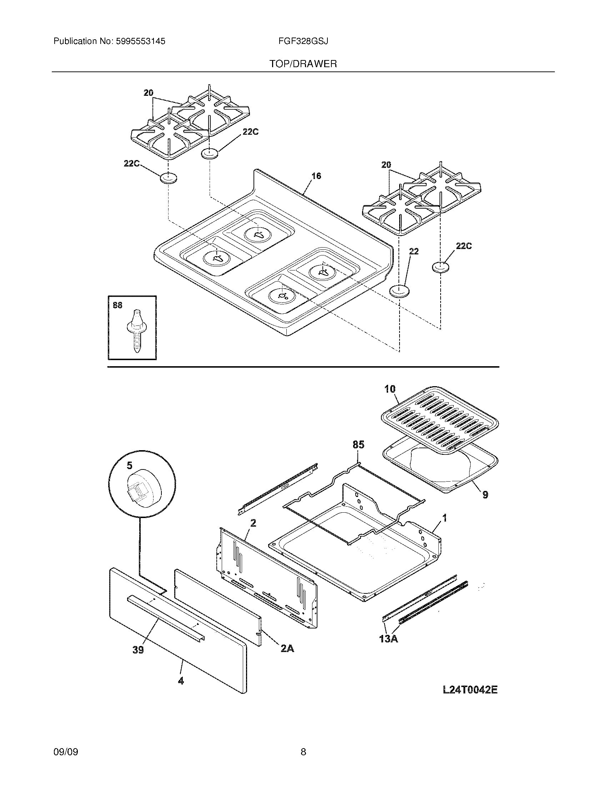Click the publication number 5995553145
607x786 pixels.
click(x=140, y=41)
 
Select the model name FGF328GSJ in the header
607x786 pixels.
click(x=303, y=41)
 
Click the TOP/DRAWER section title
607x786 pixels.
click(x=303, y=64)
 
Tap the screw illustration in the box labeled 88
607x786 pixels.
click(x=137, y=331)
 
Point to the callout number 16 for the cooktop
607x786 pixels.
click(x=316, y=176)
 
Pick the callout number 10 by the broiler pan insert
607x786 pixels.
click(x=390, y=389)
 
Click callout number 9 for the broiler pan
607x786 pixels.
click(x=485, y=495)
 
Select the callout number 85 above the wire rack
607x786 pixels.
click(x=358, y=444)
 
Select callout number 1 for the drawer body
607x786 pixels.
click(x=445, y=518)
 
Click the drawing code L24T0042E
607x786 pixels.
click(x=470, y=690)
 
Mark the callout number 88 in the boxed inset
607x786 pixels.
click(x=117, y=305)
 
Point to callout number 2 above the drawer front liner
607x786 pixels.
click(x=253, y=523)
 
